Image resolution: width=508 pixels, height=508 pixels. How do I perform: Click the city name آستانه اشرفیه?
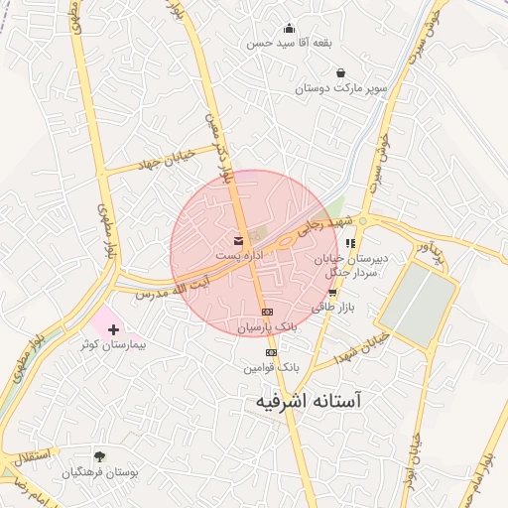pos(303,402)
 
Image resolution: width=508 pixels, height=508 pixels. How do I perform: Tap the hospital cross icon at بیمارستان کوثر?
pos(111,328)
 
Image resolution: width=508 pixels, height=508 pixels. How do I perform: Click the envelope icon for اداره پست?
pos(238,240)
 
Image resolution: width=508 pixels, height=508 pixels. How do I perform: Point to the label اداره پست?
pos(238,256)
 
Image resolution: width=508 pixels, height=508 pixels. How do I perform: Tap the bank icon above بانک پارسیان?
pos(267,312)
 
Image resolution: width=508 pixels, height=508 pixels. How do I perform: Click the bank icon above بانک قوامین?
pos(270,352)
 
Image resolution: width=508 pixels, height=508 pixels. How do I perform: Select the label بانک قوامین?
pos(270,367)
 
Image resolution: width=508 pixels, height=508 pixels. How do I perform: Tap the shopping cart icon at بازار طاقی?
pos(332,293)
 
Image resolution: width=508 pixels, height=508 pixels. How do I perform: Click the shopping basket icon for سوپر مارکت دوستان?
pos(341,72)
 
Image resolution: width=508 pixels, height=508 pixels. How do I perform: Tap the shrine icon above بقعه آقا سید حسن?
pos(289,28)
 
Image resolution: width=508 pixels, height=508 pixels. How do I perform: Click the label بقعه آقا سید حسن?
pos(288,44)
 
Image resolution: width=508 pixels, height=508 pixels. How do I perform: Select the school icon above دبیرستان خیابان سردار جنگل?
pos(350,243)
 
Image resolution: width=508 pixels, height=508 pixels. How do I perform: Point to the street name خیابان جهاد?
pos(149,162)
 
